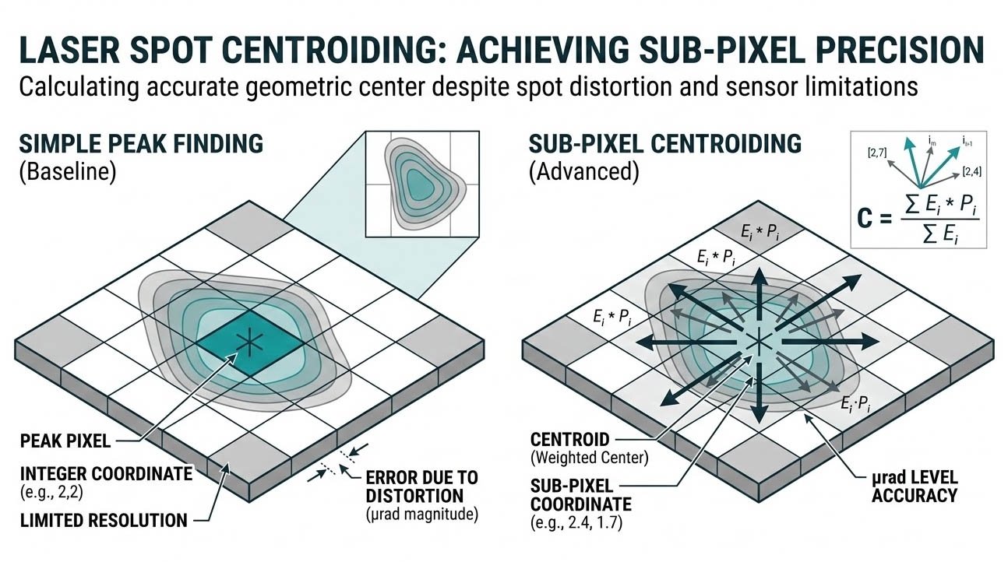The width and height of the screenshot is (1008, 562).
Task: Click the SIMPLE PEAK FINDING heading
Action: tap(141, 144)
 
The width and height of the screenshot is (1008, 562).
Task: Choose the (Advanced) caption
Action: tap(583, 172)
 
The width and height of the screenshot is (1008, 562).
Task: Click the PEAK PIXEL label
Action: tap(65, 442)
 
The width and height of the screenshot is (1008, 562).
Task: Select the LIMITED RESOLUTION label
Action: tap(103, 520)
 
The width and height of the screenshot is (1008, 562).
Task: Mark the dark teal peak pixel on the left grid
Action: tap(249, 341)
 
